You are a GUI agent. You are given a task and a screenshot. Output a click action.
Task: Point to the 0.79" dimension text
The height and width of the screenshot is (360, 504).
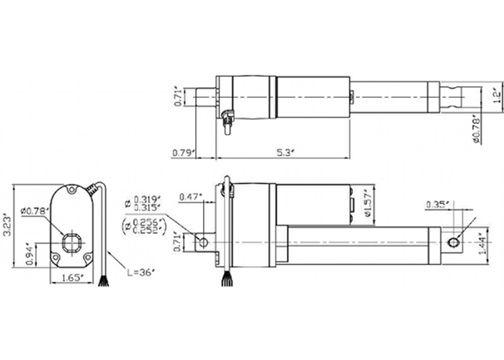[x=184, y=153]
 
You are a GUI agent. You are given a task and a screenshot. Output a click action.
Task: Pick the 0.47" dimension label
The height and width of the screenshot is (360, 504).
[x=189, y=196]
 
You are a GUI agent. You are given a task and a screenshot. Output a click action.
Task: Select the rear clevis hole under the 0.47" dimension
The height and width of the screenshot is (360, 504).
[x=204, y=242]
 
